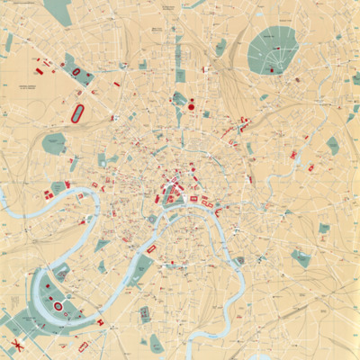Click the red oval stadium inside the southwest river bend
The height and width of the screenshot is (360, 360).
58,306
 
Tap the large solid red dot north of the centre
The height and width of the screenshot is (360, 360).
191,108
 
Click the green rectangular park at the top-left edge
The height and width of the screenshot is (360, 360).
58,12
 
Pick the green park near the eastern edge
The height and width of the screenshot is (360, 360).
333,144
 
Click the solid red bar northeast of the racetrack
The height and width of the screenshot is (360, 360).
117,85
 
